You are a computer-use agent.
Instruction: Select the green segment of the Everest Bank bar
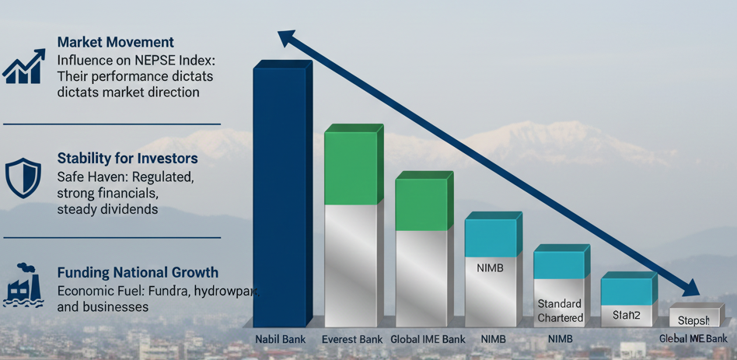point(351,168)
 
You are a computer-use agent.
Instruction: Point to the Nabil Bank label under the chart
point(281,339)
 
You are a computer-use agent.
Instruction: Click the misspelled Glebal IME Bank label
point(693,338)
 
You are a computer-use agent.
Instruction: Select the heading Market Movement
point(116,42)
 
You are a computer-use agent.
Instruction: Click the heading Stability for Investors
point(127,159)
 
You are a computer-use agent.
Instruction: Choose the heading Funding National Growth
point(138,273)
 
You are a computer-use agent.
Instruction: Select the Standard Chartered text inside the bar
point(560,311)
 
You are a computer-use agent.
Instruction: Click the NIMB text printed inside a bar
point(491,267)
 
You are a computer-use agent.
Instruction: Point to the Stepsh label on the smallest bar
point(693,320)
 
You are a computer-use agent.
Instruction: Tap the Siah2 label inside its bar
point(626,315)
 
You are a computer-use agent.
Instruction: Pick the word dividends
point(128,209)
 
